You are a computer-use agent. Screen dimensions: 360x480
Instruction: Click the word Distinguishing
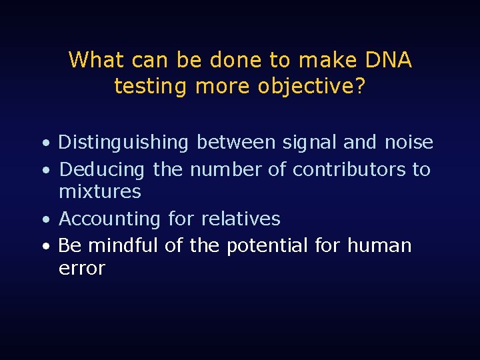(x=124, y=143)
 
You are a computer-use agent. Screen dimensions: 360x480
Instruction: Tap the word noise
(x=409, y=143)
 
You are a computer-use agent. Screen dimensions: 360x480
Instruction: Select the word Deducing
(x=102, y=170)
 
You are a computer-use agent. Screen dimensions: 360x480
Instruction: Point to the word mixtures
(x=100, y=192)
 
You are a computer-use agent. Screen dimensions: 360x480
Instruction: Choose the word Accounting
(x=110, y=219)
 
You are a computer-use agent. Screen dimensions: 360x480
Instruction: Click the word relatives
(x=241, y=219)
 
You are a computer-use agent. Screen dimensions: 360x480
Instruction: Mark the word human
(x=379, y=246)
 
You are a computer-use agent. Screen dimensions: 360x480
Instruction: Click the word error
(x=82, y=269)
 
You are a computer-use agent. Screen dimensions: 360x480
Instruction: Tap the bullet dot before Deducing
(x=44, y=171)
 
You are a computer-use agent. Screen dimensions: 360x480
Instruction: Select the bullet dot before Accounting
(x=44, y=220)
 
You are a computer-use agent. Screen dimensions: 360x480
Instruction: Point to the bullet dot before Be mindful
(x=44, y=247)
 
